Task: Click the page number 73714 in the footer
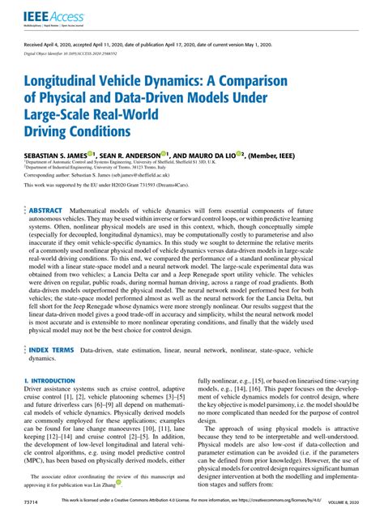[33, 502]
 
